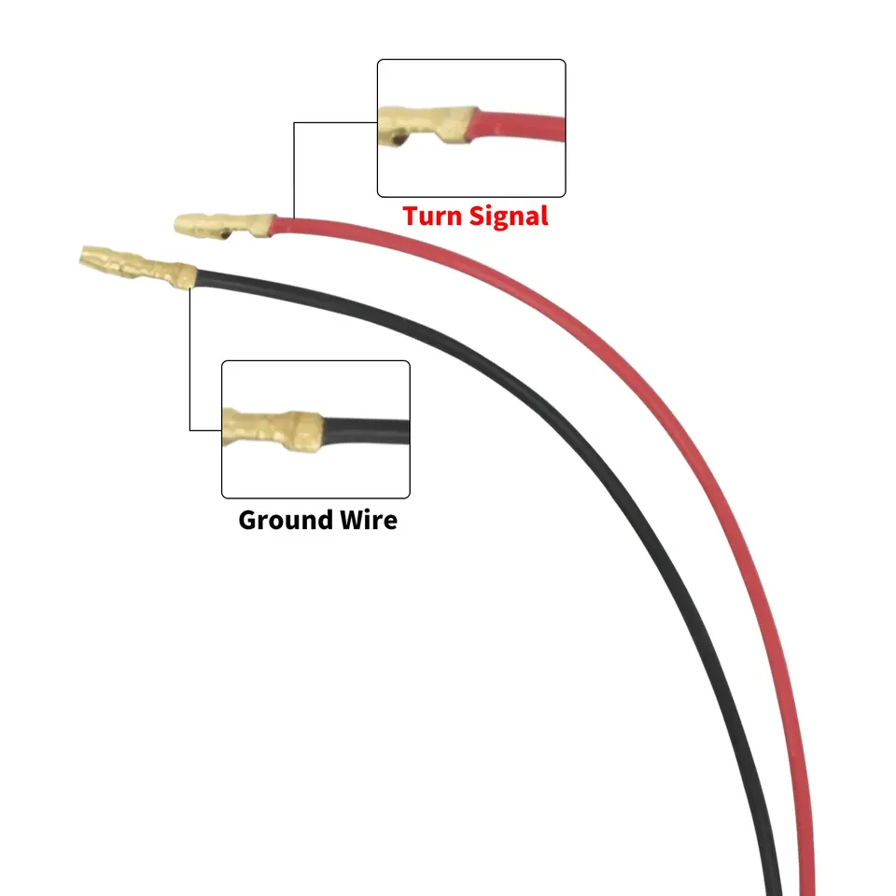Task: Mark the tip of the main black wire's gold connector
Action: click(x=85, y=253)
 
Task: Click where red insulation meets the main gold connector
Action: click(x=273, y=224)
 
